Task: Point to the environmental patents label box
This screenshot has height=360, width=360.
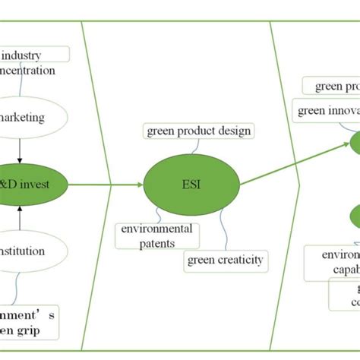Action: point(157,235)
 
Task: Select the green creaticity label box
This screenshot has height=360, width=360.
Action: point(226,261)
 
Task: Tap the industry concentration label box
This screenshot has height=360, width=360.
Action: point(30,62)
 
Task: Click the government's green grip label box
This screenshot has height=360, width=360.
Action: point(30,322)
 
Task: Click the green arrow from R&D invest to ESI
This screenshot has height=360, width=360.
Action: point(106,184)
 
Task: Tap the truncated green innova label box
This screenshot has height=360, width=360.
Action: point(327,111)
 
